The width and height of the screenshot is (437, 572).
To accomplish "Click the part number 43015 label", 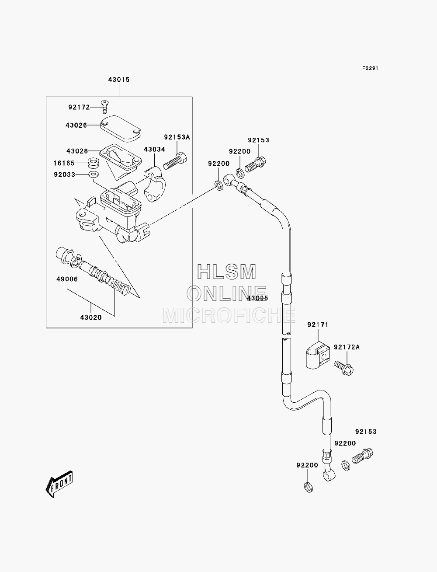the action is (119, 80).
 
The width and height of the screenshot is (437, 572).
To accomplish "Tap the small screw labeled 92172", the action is (105, 107).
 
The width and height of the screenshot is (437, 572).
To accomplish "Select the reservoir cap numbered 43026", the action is (121, 129).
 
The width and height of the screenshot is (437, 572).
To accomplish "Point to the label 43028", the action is (77, 151).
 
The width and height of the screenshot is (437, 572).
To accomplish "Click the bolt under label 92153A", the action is (175, 161).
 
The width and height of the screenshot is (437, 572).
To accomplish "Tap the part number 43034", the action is (154, 149).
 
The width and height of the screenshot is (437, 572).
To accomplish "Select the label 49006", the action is (67, 279).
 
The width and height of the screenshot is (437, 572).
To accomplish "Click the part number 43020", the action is (91, 317).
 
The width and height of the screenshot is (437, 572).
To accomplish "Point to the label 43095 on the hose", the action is (257, 298).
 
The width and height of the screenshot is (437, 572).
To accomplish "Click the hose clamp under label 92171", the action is (318, 355).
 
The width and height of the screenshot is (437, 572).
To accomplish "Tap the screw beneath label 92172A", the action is (344, 368).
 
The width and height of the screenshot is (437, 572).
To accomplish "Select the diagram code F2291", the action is (370, 68).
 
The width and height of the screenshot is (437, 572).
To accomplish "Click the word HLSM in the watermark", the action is (226, 272).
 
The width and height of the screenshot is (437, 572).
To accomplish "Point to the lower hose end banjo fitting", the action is (329, 476).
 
